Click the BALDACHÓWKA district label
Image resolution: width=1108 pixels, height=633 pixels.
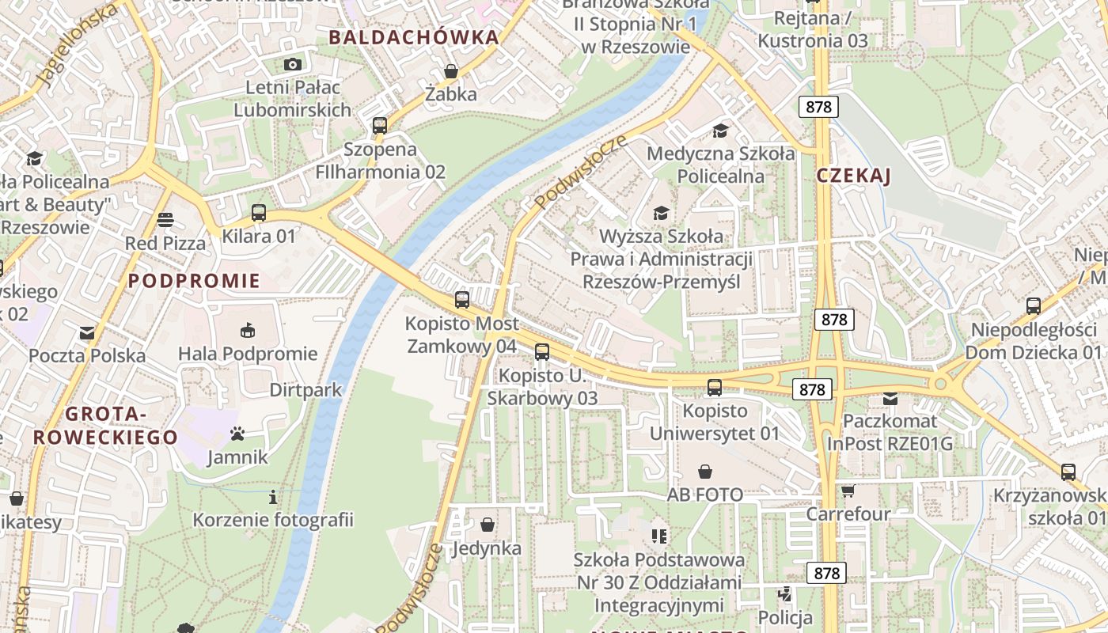(414, 37)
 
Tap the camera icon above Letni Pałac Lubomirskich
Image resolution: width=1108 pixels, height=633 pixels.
(292, 64)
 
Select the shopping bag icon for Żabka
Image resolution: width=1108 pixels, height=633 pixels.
(451, 71)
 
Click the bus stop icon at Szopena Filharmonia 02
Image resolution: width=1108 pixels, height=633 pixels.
(380, 125)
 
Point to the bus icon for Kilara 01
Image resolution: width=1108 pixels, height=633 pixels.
(259, 212)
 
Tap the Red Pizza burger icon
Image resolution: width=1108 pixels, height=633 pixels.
(165, 219)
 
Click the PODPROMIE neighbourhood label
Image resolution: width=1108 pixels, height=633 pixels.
(194, 281)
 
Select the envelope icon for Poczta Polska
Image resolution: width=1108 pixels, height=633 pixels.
(87, 332)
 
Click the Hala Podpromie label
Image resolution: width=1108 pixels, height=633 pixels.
(248, 354)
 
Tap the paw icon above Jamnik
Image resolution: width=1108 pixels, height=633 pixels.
(237, 433)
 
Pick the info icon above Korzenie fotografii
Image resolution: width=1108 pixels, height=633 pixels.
(273, 497)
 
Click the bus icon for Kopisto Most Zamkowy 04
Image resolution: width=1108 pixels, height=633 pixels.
(462, 300)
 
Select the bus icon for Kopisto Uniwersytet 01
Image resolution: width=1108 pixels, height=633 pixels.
(715, 387)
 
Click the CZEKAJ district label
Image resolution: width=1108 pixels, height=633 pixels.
(853, 176)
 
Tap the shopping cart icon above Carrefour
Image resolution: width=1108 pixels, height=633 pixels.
(848, 491)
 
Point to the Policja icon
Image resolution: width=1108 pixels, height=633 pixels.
(785, 594)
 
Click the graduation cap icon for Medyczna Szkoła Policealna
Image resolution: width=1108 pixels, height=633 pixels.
(720, 130)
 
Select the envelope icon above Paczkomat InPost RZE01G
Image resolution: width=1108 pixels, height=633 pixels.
(890, 398)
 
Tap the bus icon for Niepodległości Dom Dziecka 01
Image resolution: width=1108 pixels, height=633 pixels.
(1033, 306)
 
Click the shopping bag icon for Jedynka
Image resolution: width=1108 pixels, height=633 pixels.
(488, 525)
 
